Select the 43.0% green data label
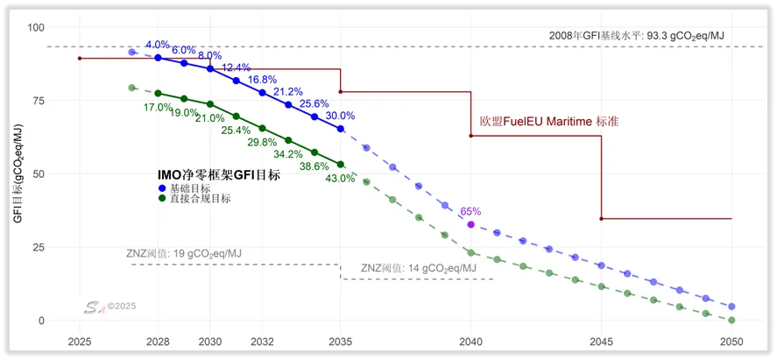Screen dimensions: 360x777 pos(340,178)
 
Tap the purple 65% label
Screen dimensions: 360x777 pos(470,211)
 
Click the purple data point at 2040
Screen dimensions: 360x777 pos(471,225)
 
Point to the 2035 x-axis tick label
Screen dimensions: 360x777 pos(340,342)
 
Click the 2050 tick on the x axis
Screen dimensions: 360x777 pos(731,342)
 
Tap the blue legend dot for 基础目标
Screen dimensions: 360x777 pos(162,188)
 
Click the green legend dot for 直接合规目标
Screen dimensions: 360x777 pos(162,199)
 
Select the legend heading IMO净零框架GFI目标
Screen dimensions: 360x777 pos(218,175)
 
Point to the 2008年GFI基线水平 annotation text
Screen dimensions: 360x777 pos(636,35)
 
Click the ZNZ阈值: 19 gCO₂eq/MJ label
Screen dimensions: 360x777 pos(184,254)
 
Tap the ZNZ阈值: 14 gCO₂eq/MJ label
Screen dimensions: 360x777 pos(420,268)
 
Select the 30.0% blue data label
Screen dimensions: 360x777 pos(340,116)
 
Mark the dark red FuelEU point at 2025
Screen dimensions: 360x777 pos(79,59)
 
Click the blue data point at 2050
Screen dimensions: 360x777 pos(731,307)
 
